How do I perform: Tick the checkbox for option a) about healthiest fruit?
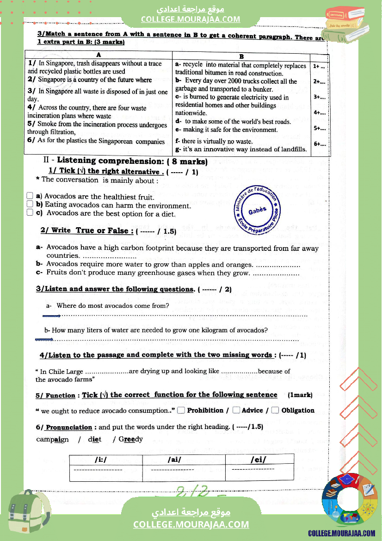click(30, 196)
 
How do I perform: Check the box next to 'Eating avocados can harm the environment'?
click(30, 204)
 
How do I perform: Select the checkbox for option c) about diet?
click(30, 212)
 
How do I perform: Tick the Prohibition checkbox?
click(181, 410)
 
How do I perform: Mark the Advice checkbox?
click(236, 410)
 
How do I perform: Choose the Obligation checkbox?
click(275, 410)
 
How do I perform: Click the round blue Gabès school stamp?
click(257, 211)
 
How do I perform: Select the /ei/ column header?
click(259, 460)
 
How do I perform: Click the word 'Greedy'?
click(131, 439)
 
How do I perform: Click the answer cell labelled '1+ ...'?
click(319, 66)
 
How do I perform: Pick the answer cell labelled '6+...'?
click(320, 144)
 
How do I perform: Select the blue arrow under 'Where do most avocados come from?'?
click(51, 316)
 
